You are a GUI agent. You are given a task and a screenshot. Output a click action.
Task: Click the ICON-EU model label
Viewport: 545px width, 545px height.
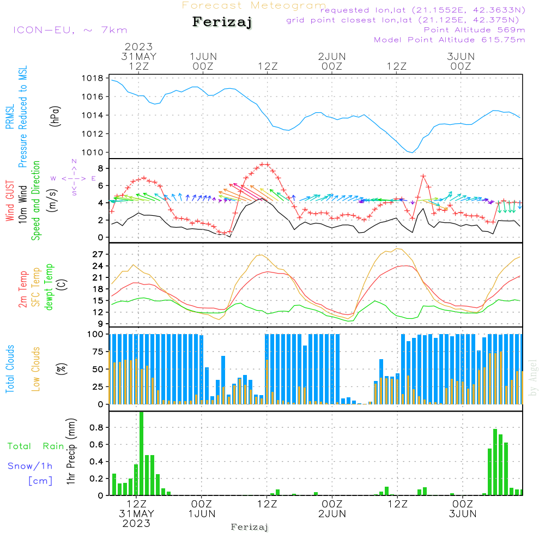pos(70,30)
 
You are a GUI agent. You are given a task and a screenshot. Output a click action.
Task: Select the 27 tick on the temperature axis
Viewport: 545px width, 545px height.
pos(98,255)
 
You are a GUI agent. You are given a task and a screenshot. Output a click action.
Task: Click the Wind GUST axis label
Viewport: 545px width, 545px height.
pos(10,202)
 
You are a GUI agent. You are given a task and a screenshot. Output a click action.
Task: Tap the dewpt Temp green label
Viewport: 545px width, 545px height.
pos(50,287)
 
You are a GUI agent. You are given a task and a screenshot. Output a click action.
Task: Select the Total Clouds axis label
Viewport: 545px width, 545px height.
pos(10,369)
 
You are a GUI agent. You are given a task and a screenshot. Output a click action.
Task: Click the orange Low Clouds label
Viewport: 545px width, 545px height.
pos(36,369)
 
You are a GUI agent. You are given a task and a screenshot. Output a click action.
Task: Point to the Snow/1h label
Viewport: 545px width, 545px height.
pos(31,466)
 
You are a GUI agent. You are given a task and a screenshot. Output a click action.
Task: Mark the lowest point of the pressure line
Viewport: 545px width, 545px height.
pos(411,153)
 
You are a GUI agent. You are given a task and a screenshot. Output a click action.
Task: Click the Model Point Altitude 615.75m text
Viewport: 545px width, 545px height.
pos(450,40)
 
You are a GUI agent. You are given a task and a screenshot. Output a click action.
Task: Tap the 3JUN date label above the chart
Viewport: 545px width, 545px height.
pos(461,57)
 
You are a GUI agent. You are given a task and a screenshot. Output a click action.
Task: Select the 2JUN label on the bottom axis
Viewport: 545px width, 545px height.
pos(332,514)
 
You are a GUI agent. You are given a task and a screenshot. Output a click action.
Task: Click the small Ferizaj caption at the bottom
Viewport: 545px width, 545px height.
pos(250,527)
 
